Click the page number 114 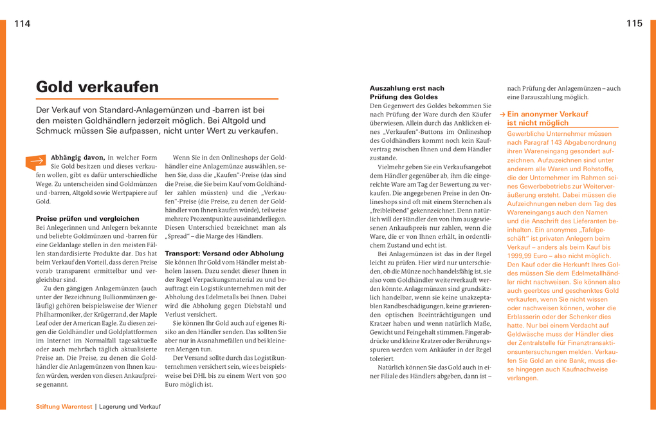(x=22, y=24)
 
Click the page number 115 (x=634, y=24)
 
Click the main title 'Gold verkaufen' (x=97, y=87)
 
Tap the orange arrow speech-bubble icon (x=36, y=162)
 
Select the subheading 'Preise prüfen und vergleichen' (x=87, y=219)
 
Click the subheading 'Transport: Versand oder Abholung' (x=224, y=254)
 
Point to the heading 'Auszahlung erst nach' (x=407, y=88)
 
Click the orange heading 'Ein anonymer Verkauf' (x=547, y=114)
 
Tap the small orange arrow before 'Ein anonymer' (x=502, y=114)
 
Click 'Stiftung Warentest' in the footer (x=64, y=407)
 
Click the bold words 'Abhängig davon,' (x=77, y=158)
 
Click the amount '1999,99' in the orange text (x=521, y=256)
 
